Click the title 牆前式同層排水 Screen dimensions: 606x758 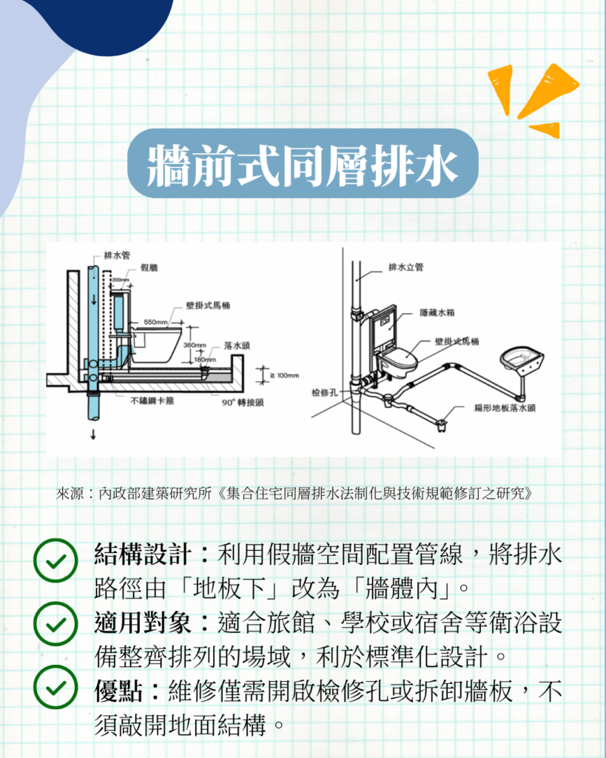point(303,165)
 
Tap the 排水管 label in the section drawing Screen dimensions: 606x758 point(117,255)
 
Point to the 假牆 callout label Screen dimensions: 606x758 point(149,267)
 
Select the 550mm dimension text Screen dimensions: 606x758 point(155,322)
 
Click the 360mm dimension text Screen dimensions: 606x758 point(195,345)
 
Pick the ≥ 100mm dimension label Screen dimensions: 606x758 point(284,375)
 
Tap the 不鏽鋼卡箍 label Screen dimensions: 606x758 point(152,400)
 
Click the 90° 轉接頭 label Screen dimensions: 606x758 point(243,403)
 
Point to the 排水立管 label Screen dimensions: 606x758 point(406,266)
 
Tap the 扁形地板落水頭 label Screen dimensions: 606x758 point(505,408)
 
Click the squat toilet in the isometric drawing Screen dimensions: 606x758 point(522,360)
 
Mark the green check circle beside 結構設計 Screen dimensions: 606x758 point(55,560)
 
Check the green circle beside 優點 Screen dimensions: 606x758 point(55,687)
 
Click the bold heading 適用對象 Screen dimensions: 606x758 point(143,622)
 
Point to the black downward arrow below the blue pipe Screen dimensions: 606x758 point(92,435)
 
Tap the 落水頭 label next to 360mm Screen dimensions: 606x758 point(237,346)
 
